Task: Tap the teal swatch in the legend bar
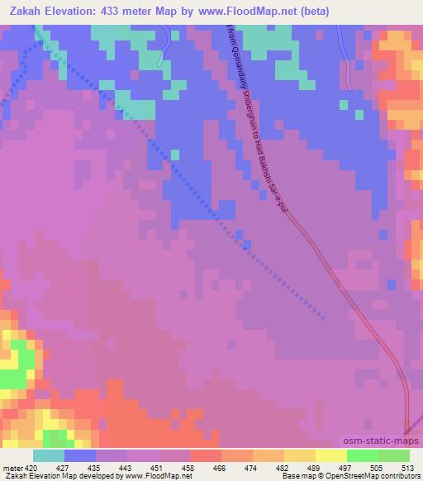click(x=49, y=455)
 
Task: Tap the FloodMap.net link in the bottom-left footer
click(x=165, y=475)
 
